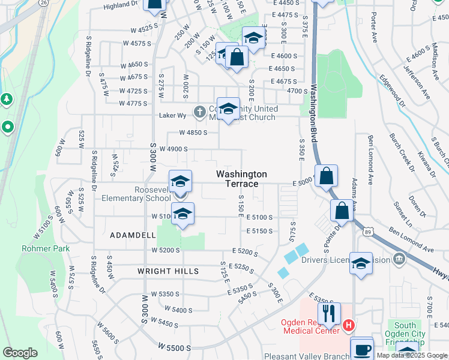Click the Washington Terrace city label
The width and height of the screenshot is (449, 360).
click(x=241, y=178)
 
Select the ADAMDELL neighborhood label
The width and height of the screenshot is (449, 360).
click(x=133, y=236)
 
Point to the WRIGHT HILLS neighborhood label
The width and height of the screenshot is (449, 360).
click(x=168, y=271)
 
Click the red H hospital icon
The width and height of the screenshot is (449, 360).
click(x=349, y=326)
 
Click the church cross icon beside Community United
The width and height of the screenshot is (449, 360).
click(x=199, y=112)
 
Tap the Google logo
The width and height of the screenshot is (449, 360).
click(x=20, y=352)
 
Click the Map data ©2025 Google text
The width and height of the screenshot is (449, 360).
click(x=412, y=355)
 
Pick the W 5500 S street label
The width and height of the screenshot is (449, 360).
click(x=175, y=347)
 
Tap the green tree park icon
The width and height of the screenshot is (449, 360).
click(x=7, y=99)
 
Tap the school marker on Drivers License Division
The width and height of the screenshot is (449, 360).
click(x=361, y=263)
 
